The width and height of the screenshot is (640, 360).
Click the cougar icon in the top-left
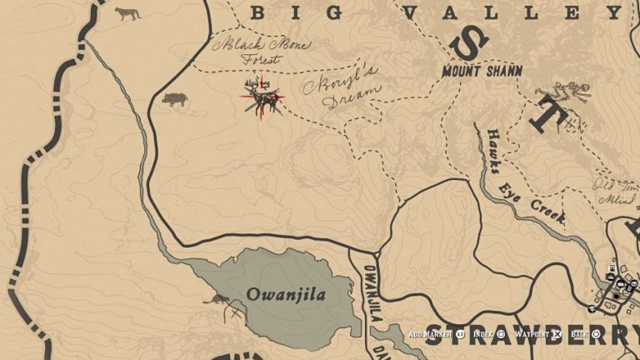127,13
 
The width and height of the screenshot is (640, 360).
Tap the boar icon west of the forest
175,99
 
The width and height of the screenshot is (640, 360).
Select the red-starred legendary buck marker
263,98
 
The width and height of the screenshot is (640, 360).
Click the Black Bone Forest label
261,51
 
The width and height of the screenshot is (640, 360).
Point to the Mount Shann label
482,72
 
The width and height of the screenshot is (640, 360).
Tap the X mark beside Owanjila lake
235,315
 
